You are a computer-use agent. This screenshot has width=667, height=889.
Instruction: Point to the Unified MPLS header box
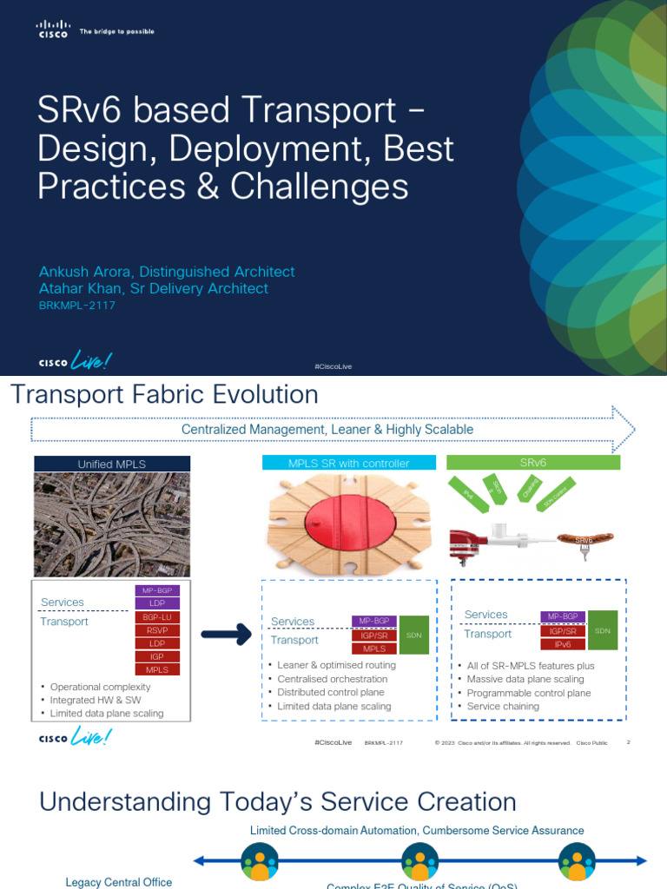click(x=112, y=464)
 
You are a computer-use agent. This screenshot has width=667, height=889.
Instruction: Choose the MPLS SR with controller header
click(x=348, y=463)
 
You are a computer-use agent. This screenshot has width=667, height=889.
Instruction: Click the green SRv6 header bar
click(x=532, y=463)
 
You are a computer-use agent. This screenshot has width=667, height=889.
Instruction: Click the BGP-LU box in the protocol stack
click(x=157, y=616)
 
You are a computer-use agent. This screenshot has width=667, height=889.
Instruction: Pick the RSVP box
click(x=157, y=630)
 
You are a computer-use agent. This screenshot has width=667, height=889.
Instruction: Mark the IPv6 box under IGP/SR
click(x=563, y=644)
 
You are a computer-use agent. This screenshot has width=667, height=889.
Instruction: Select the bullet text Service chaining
click(x=503, y=706)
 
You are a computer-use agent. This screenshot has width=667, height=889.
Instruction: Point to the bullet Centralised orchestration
click(x=332, y=679)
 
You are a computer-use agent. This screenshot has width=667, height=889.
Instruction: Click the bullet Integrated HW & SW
click(x=96, y=700)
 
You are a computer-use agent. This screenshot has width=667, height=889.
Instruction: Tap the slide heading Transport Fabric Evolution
click(x=164, y=395)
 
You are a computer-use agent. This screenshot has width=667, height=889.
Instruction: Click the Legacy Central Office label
click(x=119, y=882)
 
